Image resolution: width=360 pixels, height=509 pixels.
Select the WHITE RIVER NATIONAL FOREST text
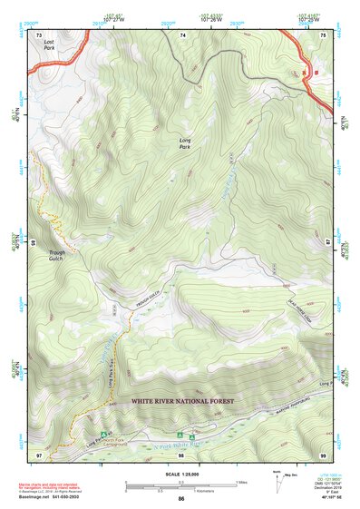pyautogui.click(x=182, y=400)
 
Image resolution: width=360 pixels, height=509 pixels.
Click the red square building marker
pyautogui.click(x=316, y=73)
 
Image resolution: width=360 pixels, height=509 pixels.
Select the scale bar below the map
pyautogui.click(x=181, y=487)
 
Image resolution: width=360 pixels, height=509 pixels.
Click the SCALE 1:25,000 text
pyautogui.click(x=180, y=472)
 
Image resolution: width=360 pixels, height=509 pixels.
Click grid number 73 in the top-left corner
pyautogui.click(x=40, y=34)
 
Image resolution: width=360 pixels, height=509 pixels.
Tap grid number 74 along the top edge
pyautogui.click(x=182, y=34)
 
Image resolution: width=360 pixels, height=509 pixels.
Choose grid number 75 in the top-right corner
pyautogui.click(x=325, y=34)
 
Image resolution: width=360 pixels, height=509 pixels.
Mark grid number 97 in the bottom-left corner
pyautogui.click(x=40, y=453)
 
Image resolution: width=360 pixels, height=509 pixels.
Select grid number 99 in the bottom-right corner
pyautogui.click(x=324, y=453)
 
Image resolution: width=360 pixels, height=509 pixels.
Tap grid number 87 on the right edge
pyautogui.click(x=327, y=243)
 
